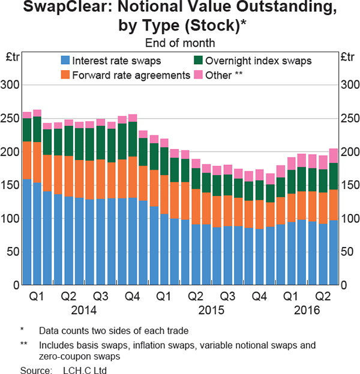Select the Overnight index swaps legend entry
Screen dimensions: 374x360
pyautogui.click(x=253, y=61)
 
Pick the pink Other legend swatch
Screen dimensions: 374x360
pyautogui.click(x=197, y=75)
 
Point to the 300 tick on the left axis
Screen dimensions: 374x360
pyautogui.click(x=12, y=85)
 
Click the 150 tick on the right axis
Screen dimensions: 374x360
pyautogui.click(x=348, y=185)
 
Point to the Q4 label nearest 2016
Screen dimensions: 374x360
pyautogui.click(x=260, y=297)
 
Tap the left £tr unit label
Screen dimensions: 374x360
pyautogui.click(x=13, y=58)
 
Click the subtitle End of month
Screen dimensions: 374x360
pyautogui.click(x=179, y=43)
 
